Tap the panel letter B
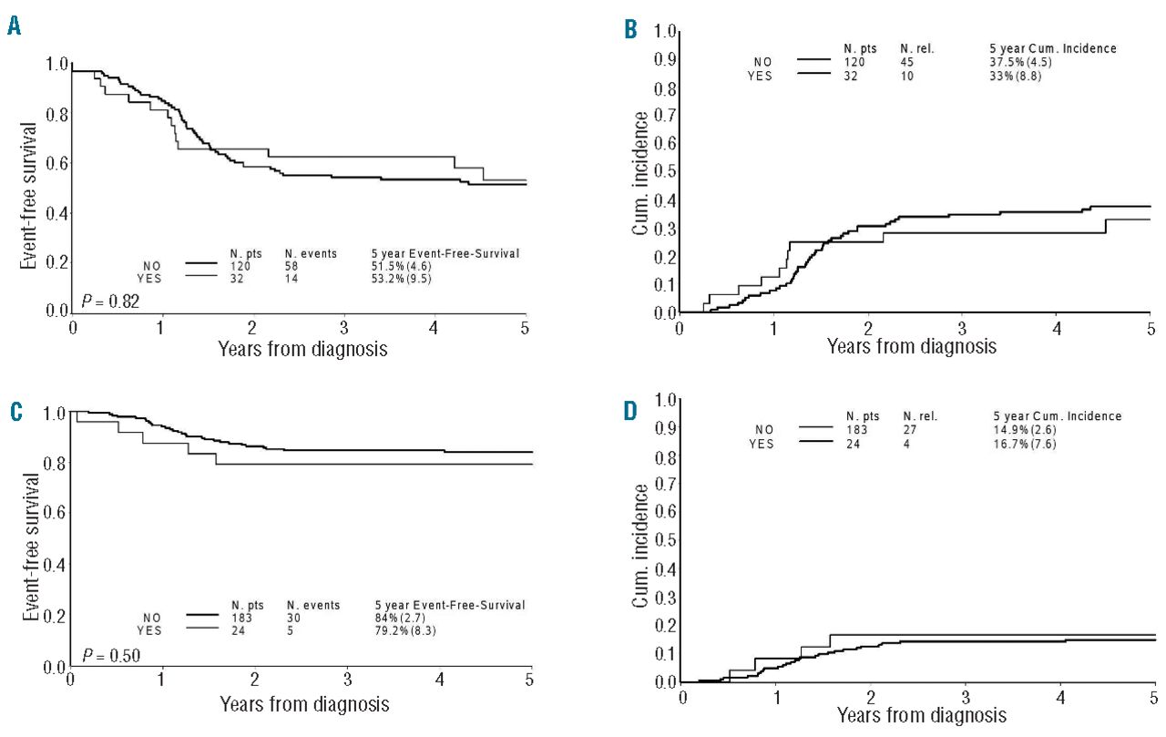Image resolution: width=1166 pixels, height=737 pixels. (630, 30)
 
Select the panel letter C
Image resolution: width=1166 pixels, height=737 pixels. (15, 411)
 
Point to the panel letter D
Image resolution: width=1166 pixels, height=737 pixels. (630, 411)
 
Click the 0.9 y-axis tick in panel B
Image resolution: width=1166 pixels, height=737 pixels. (666, 60)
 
